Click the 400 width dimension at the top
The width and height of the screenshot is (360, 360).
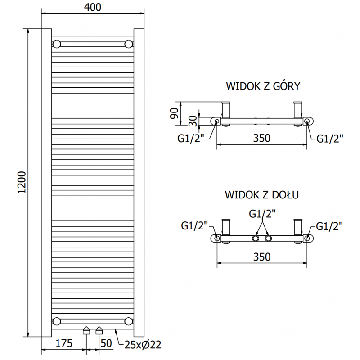[x=92, y=7]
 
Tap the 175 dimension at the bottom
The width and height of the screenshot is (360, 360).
[x=64, y=344]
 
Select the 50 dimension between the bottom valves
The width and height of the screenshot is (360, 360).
[x=106, y=344]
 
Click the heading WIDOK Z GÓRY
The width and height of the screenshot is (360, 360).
[x=263, y=86]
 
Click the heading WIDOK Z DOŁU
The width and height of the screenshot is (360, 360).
[x=262, y=195]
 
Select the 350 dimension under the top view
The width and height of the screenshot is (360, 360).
[x=261, y=138]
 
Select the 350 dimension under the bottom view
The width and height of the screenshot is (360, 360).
[x=261, y=256]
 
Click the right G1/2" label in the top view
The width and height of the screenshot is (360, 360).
[x=330, y=139]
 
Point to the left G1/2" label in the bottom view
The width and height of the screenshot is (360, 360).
[x=194, y=226]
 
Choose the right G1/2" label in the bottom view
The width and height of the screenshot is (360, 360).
[x=330, y=226]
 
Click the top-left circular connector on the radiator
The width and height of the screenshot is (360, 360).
[x=57, y=44]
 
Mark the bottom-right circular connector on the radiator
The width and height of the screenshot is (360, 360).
[x=129, y=321]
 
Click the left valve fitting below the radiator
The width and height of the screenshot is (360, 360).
[x=86, y=332]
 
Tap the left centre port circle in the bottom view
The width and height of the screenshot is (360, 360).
[x=256, y=238]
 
